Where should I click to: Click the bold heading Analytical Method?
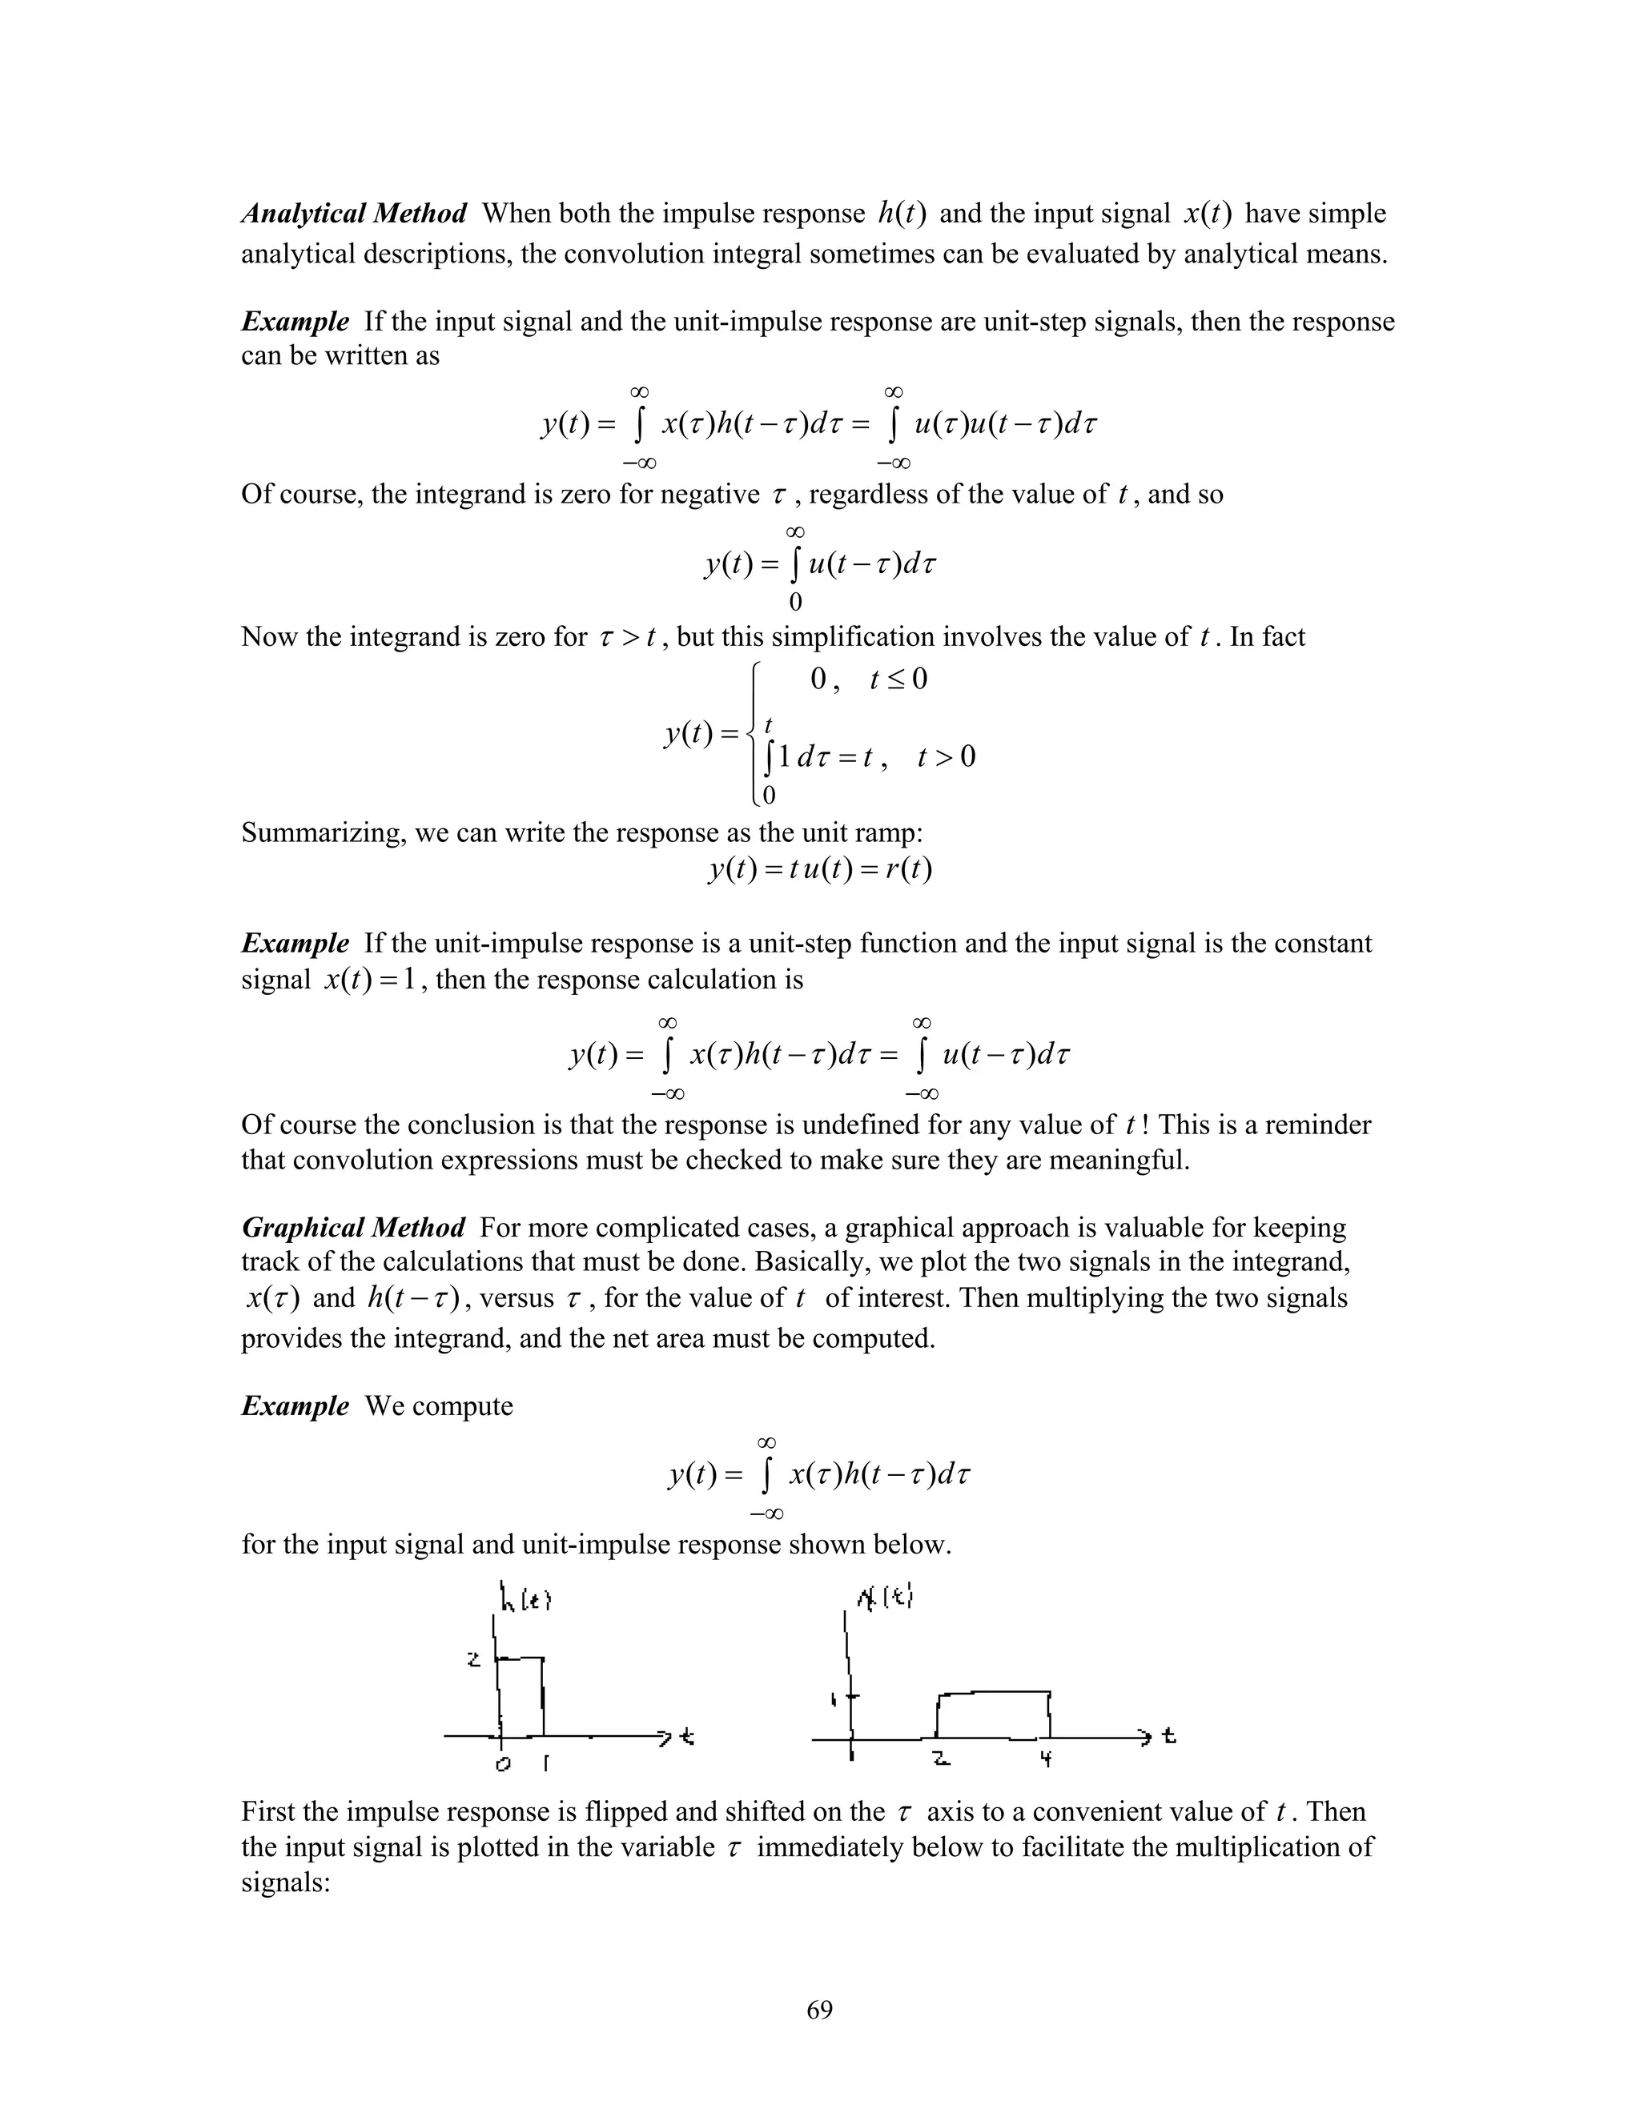click(354, 213)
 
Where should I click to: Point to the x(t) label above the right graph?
click(885, 1597)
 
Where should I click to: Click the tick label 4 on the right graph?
click(1047, 1758)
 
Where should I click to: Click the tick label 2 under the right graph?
click(939, 1758)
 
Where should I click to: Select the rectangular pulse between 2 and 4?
click(993, 1715)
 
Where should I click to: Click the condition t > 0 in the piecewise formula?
click(946, 756)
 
